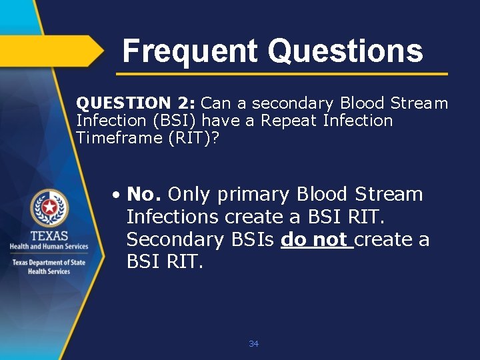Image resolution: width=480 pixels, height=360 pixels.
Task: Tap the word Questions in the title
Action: tap(345, 51)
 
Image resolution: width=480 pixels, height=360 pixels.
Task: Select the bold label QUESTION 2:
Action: tap(136, 103)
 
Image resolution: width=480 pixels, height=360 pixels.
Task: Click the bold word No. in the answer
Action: tap(144, 195)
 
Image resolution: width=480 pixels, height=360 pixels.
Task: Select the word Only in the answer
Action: tap(189, 195)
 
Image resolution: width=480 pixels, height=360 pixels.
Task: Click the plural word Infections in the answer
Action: tap(172, 217)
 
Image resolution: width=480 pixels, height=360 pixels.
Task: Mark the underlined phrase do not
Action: tap(314, 239)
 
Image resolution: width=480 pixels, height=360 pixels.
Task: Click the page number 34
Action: tap(253, 344)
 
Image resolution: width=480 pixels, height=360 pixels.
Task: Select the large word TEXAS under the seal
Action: tap(49, 235)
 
